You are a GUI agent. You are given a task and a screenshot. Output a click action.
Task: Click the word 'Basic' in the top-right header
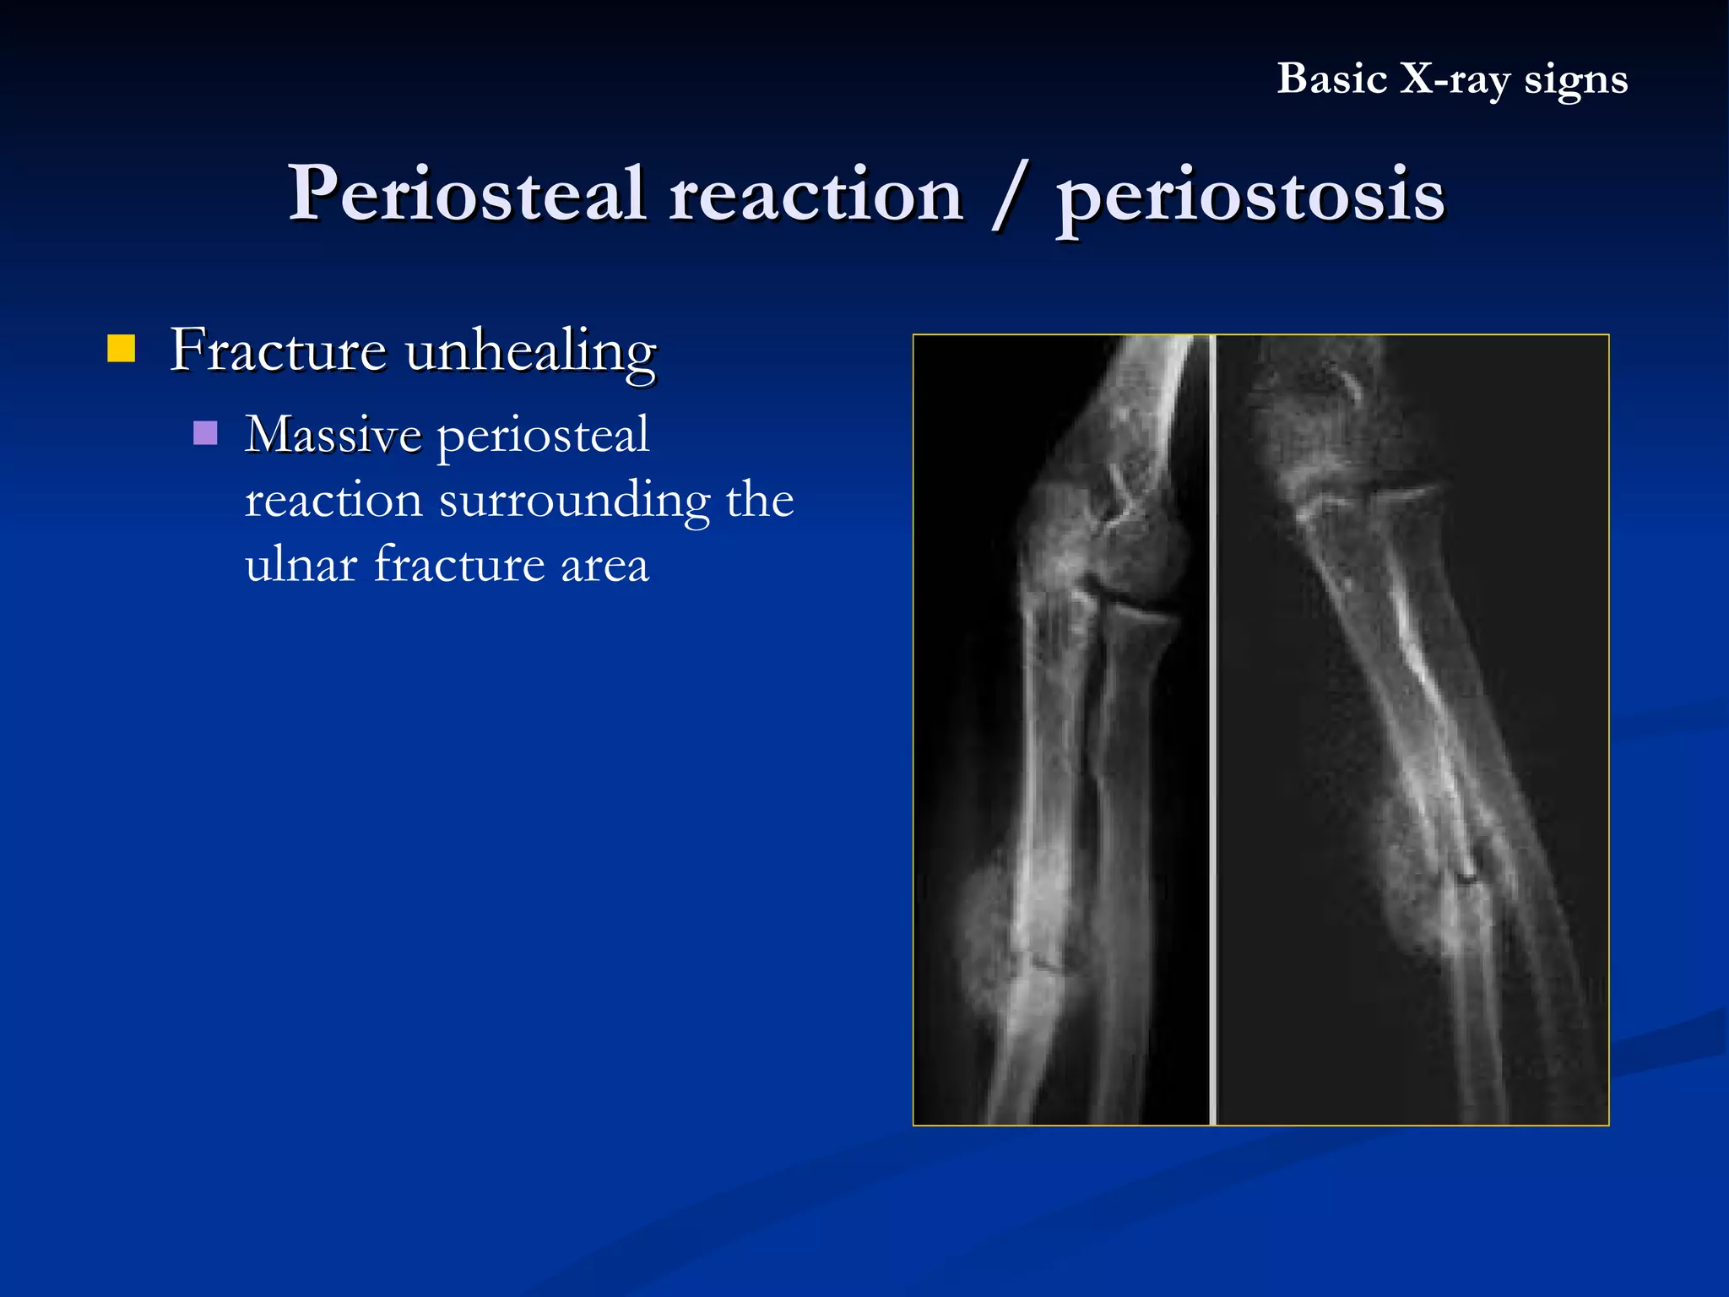tap(1331, 79)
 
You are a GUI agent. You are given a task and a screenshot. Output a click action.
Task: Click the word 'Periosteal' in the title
tap(467, 194)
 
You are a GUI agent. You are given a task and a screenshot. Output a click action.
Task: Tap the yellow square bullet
tap(122, 348)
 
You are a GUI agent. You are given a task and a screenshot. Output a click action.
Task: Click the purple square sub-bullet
tap(205, 433)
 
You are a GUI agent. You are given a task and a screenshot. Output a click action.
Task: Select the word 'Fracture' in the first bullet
tap(278, 350)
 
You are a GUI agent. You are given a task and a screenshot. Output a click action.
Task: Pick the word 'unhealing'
tap(530, 351)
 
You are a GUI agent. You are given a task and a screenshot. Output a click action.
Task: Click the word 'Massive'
tap(333, 435)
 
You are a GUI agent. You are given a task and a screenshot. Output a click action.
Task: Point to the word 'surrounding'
tap(574, 501)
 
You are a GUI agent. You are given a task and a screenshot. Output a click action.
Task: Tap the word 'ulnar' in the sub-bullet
tap(301, 564)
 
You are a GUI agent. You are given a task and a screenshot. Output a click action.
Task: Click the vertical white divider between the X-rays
tap(1213, 730)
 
